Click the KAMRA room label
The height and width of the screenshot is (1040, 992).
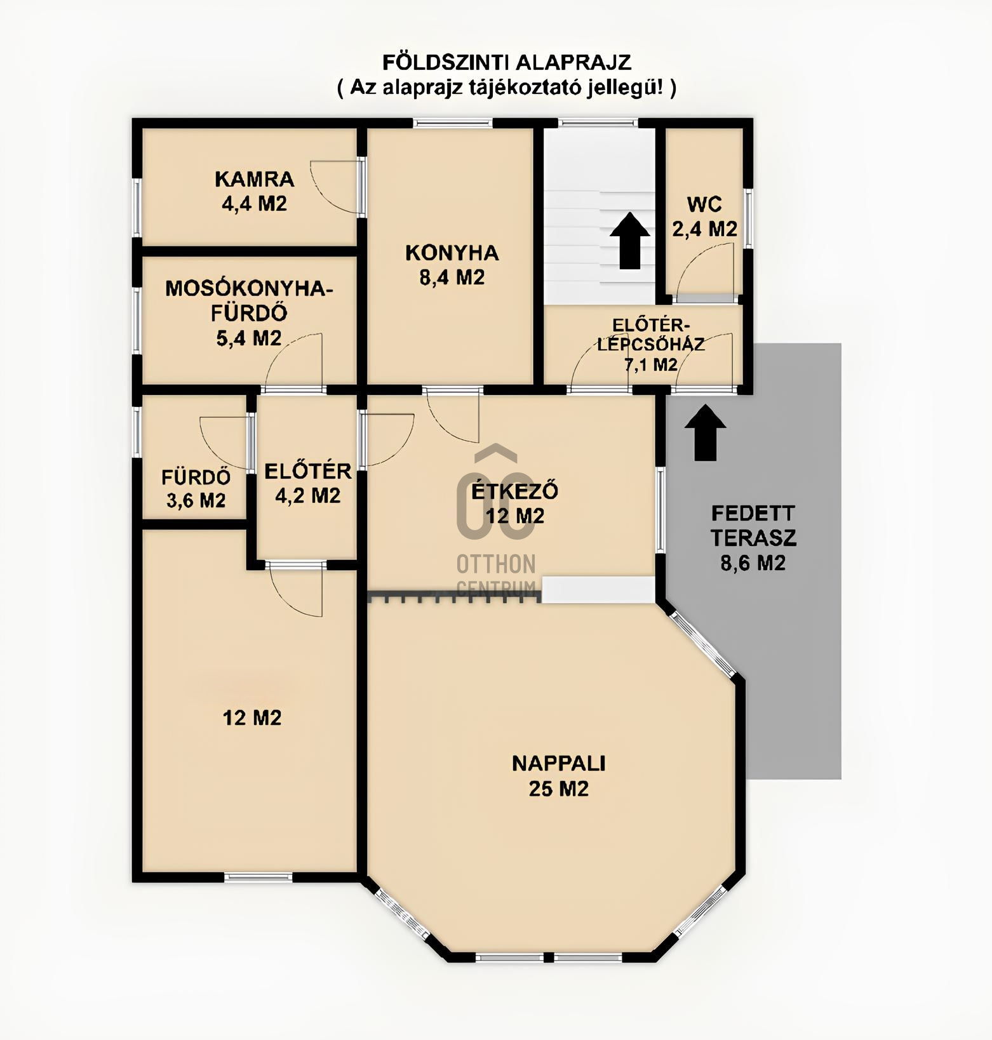click(x=254, y=179)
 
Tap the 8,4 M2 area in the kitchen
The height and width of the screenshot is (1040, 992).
click(x=452, y=277)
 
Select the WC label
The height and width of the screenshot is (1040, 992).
click(x=704, y=204)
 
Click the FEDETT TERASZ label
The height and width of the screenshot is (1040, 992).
click(x=753, y=526)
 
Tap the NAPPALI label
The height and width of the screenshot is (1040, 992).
click(x=559, y=763)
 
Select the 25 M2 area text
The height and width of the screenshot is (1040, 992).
click(x=559, y=789)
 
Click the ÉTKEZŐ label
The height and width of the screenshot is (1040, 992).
click(x=515, y=491)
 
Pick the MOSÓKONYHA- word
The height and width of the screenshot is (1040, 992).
click(x=249, y=288)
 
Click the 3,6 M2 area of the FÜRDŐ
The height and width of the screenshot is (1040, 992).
click(x=196, y=500)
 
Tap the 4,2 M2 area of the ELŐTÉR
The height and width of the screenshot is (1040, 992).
click(x=308, y=495)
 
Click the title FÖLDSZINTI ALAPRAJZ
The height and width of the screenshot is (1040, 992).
click(x=507, y=62)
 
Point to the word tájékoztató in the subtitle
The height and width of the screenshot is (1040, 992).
click(x=522, y=86)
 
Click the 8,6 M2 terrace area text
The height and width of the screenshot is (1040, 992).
click(x=753, y=563)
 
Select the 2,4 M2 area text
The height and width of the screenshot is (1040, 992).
click(x=705, y=229)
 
